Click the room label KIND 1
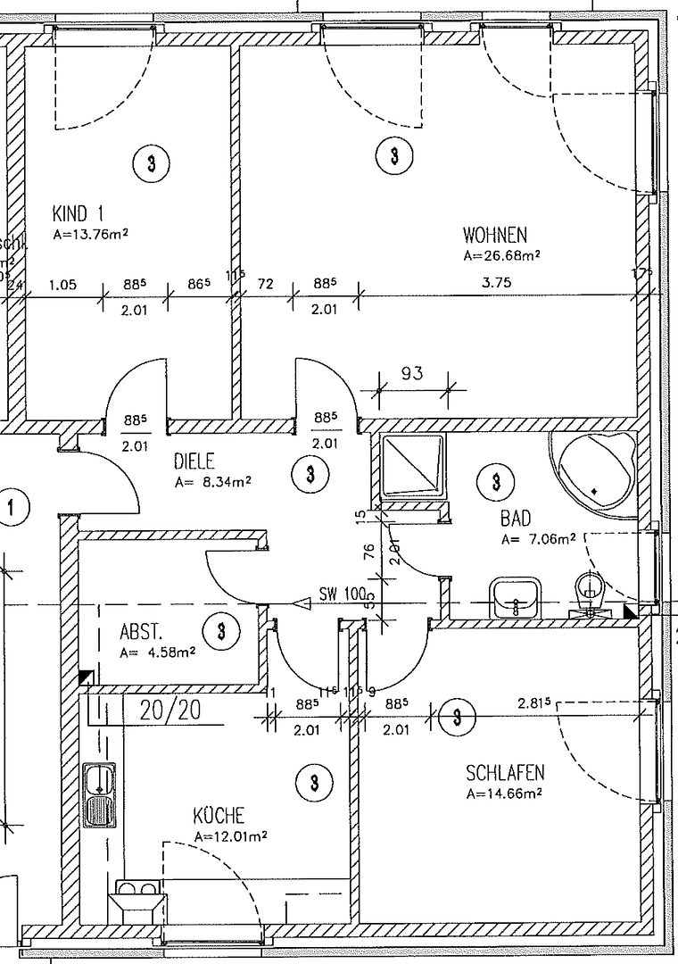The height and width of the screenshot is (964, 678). click(79, 214)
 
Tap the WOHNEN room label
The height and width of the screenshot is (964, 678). click(495, 236)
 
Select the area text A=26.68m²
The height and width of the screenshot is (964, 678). click(502, 255)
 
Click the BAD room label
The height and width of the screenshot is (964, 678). click(517, 519)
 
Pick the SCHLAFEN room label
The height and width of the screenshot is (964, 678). click(505, 772)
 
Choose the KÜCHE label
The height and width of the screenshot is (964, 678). click(219, 816)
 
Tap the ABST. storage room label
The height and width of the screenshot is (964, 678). click(141, 633)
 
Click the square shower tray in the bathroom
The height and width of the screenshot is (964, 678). click(412, 468)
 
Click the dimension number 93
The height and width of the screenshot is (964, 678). click(411, 373)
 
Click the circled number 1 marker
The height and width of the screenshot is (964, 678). click(12, 510)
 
